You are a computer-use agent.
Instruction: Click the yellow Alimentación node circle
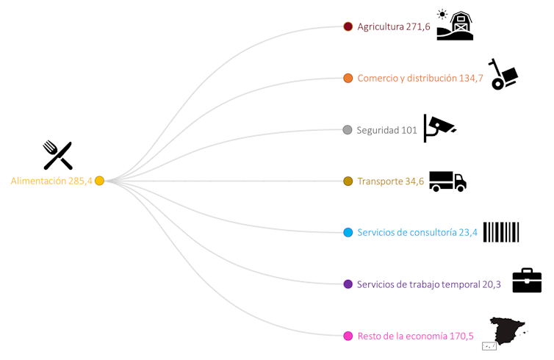[99, 181]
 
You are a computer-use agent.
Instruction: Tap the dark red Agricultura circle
[348, 26]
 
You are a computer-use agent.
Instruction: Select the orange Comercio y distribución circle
[348, 78]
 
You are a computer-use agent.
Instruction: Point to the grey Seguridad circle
[348, 130]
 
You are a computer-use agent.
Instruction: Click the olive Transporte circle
[348, 181]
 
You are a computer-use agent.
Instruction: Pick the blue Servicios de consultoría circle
[348, 232]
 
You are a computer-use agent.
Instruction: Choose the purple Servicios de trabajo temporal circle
[348, 284]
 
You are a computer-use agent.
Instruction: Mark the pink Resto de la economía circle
[348, 336]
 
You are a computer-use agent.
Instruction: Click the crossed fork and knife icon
[57, 156]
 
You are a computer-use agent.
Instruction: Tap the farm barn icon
[456, 28]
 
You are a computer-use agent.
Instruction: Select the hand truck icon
[503, 75]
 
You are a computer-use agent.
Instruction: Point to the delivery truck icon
[447, 181]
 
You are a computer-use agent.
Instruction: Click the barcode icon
[501, 232]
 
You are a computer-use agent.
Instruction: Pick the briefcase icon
[527, 281]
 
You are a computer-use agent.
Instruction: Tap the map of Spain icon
[507, 331]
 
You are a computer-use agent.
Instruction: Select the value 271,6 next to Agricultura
[417, 26]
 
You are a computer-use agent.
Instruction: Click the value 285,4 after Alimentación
[80, 181]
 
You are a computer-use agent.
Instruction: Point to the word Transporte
[380, 181]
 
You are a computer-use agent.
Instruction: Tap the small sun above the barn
[442, 14]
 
